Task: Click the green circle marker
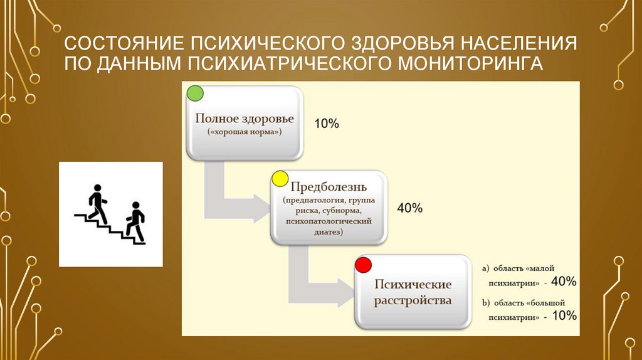[x=195, y=94]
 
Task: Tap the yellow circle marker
[x=280, y=179]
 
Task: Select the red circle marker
[x=363, y=265]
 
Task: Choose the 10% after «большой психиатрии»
[x=564, y=316]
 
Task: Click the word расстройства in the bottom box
[x=413, y=300]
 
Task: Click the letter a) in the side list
[x=486, y=268]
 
